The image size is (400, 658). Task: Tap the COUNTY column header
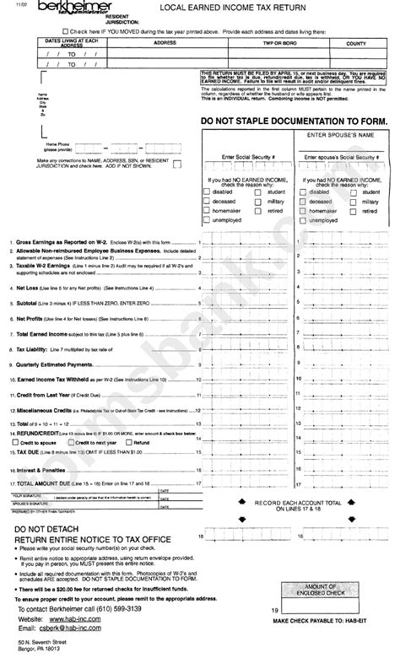tap(355, 42)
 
